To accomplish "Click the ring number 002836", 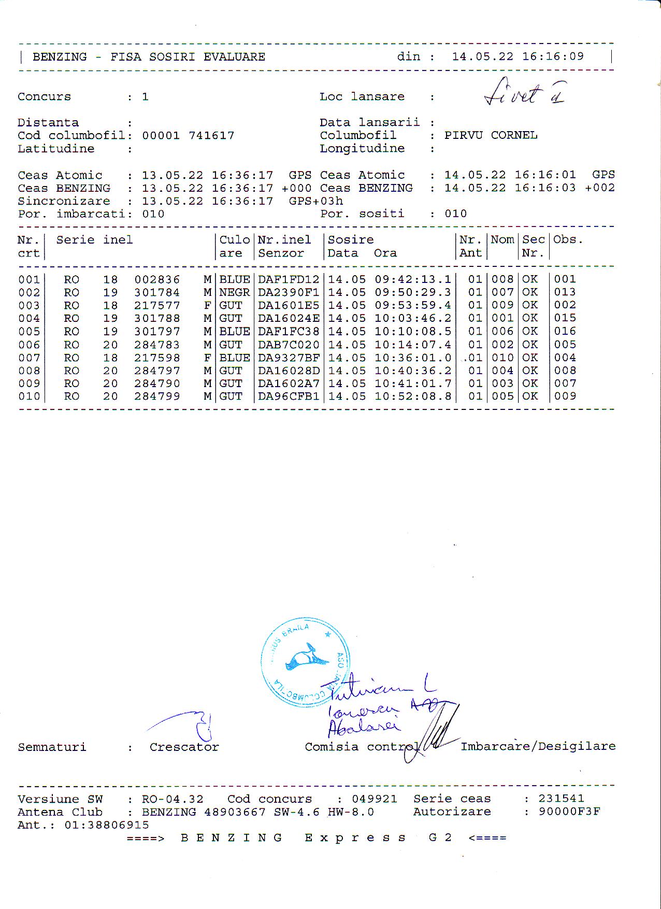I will click(157, 280).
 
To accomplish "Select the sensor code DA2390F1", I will click(289, 293).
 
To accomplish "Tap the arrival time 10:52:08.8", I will click(413, 396).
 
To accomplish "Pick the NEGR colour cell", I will click(235, 293).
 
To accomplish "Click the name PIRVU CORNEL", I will click(491, 136).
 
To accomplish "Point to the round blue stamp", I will click(305, 662).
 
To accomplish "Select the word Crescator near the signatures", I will click(184, 747).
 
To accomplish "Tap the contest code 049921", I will click(375, 799).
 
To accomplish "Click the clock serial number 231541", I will click(561, 799).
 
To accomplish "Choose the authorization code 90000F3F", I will click(569, 812).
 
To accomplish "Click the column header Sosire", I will click(351, 240).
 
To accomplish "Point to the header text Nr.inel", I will click(284, 240).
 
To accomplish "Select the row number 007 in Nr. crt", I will click(29, 358).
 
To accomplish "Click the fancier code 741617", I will click(211, 136).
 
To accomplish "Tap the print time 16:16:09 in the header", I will click(553, 56).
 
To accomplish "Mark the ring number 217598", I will click(157, 358).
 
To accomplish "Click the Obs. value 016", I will click(565, 332).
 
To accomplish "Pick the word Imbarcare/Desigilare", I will click(538, 746).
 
